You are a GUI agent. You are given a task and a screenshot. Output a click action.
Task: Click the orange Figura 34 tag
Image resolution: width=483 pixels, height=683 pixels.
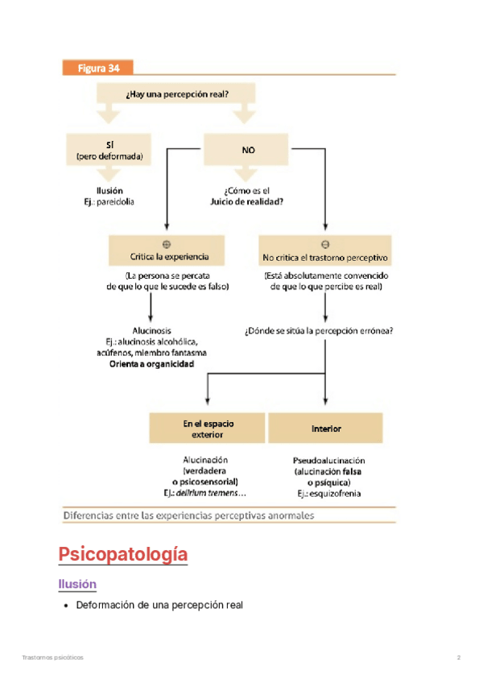point(98,68)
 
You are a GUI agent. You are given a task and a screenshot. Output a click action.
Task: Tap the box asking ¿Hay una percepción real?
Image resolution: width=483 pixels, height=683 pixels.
point(177,93)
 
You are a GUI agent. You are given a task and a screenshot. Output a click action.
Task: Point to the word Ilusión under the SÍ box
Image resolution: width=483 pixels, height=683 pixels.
point(109,190)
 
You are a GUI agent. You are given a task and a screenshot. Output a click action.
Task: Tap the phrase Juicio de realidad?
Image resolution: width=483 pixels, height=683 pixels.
point(248,201)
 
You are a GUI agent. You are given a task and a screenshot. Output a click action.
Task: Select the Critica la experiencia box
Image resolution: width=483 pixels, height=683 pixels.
point(169,257)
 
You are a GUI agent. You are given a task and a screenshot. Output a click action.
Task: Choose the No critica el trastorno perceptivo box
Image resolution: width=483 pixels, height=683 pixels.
point(325,258)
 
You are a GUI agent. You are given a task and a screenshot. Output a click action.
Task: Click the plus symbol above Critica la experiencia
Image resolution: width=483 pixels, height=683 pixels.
point(167,243)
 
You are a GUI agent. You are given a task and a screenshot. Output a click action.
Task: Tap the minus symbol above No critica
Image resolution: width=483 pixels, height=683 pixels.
point(324,243)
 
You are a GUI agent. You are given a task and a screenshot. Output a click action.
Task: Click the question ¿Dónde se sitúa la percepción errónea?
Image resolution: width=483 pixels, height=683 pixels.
point(324,330)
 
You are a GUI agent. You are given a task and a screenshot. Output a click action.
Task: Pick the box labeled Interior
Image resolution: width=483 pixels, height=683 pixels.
point(326,428)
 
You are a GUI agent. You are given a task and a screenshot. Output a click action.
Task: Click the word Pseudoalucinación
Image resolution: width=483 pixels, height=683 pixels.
point(326,461)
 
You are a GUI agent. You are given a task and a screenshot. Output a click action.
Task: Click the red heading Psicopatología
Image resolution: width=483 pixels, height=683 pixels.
point(123,554)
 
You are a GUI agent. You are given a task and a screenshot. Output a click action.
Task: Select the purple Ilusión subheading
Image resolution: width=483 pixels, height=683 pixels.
point(77,584)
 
